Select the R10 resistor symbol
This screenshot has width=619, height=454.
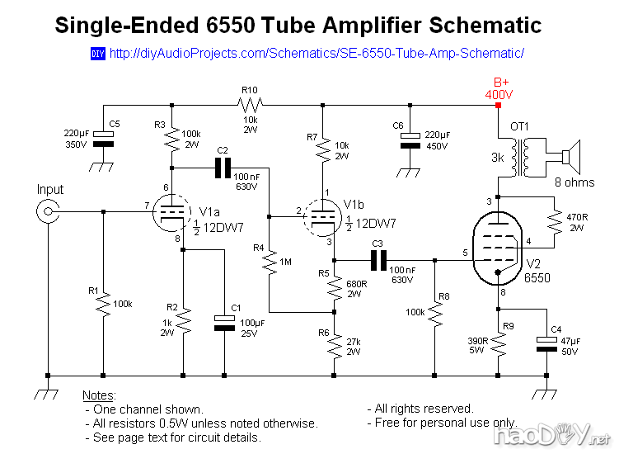click(250, 105)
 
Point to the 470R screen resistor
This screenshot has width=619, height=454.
click(553, 219)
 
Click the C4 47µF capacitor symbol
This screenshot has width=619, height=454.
click(546, 343)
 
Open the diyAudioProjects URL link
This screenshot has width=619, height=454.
click(317, 54)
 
